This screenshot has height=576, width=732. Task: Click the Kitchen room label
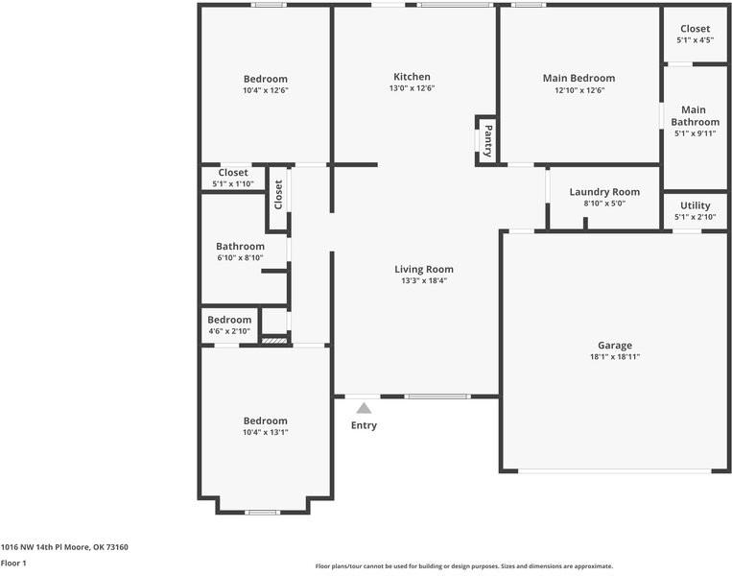412,77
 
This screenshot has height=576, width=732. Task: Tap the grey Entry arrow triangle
365,409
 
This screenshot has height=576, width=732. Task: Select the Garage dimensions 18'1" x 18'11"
615,357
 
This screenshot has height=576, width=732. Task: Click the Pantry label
488,140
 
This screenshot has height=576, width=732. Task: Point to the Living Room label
424,269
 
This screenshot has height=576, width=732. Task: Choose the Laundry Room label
604,192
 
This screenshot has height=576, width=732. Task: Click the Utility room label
696,205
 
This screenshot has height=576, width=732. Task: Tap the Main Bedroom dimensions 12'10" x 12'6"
579,90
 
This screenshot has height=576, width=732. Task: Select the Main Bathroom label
696,116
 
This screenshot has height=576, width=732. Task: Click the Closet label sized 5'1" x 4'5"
696,29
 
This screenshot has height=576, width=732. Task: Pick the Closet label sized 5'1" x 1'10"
233,173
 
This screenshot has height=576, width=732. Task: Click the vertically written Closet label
279,195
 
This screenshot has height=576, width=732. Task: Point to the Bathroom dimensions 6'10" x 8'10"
241,258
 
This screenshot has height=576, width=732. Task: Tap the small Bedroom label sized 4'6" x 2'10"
229,320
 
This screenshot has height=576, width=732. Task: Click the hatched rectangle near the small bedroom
274,341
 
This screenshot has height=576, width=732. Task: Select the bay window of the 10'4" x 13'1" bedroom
263,513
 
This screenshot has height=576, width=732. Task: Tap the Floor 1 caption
13,563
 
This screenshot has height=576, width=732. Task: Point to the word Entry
365,425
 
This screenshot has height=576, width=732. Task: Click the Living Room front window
437,396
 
